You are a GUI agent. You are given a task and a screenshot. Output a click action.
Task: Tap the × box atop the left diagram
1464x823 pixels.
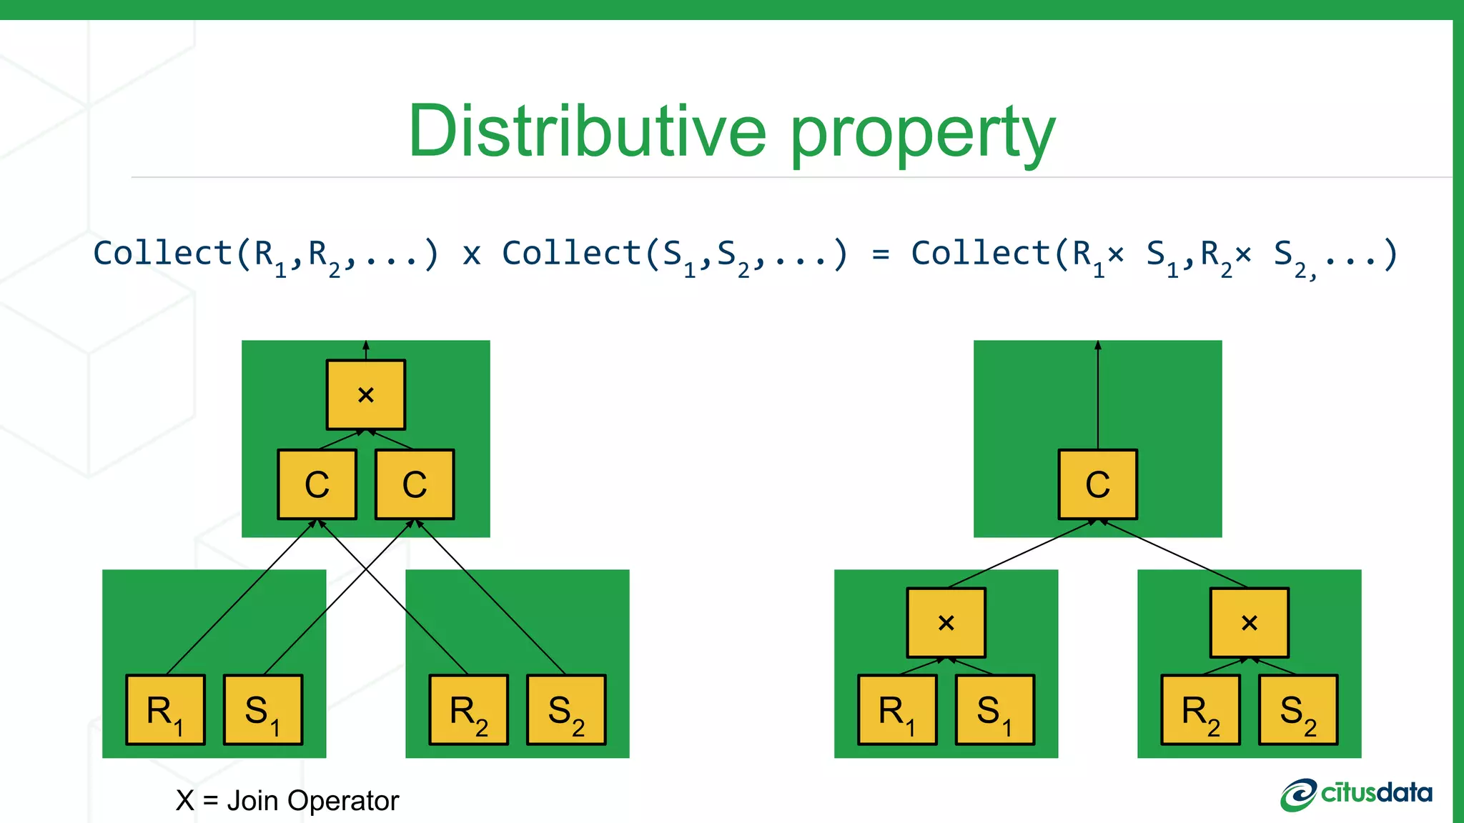[x=366, y=394]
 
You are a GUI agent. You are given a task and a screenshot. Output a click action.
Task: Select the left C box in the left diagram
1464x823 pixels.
[x=317, y=484]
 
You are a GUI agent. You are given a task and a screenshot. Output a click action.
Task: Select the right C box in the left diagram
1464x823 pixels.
[x=415, y=484]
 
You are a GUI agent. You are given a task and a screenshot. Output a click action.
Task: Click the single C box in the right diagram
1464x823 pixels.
[x=1097, y=484]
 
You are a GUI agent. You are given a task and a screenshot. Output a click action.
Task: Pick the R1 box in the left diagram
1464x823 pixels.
[x=165, y=710]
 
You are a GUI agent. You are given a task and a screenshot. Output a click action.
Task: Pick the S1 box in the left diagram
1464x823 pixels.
[x=263, y=710]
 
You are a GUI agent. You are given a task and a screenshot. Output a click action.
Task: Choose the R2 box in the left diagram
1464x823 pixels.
[x=468, y=710]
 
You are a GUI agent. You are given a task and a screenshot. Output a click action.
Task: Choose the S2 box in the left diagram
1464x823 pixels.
[x=566, y=710]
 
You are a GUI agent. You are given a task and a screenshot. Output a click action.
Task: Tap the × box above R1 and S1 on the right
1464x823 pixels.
[x=946, y=622]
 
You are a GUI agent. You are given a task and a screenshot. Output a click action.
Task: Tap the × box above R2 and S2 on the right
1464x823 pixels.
[x=1249, y=622]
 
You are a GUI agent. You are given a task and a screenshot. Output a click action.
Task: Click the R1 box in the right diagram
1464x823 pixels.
[x=897, y=710]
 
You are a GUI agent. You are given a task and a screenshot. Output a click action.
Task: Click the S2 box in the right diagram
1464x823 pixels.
[x=1298, y=710]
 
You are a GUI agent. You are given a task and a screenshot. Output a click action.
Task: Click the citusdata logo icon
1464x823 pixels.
[x=1297, y=794]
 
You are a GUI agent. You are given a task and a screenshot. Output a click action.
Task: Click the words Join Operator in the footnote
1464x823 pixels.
[x=312, y=801]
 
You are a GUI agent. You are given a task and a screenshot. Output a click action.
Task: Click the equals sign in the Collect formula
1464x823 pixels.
[x=881, y=254]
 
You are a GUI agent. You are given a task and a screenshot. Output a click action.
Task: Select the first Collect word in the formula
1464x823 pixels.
[x=162, y=253]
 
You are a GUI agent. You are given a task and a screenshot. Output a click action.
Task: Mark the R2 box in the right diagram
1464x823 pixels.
[x=1200, y=710]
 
